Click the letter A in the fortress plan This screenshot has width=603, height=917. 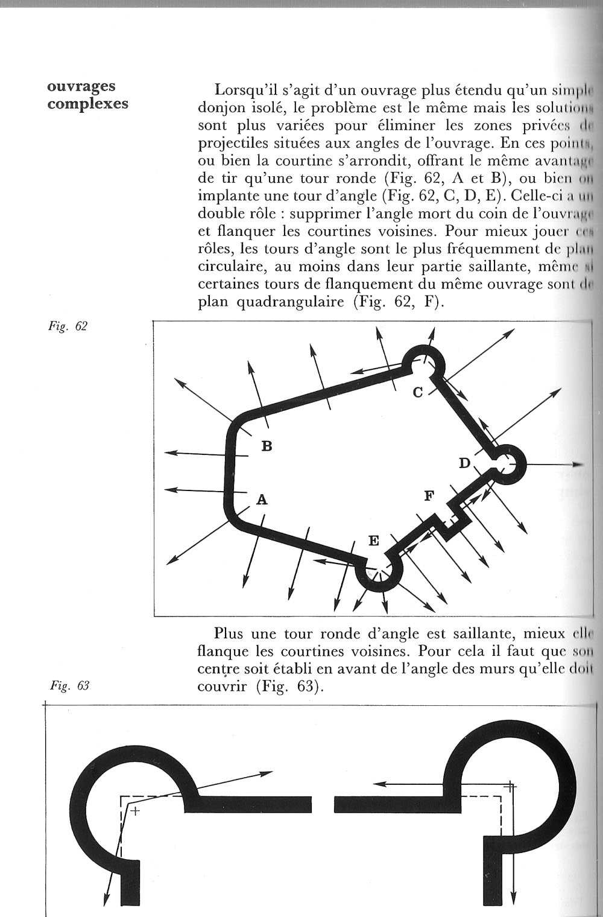coord(262,500)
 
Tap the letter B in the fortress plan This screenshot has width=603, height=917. coord(267,446)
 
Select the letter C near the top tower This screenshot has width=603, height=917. coord(418,392)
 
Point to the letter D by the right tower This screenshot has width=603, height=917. coord(464,463)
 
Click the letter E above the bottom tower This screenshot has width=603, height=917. coord(374,541)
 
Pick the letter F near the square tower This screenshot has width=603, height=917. coord(429,496)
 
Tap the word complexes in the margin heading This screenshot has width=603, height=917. coord(88,103)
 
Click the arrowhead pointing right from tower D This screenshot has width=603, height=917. coord(579,465)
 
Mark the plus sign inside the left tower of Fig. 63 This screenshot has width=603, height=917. coord(135,811)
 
